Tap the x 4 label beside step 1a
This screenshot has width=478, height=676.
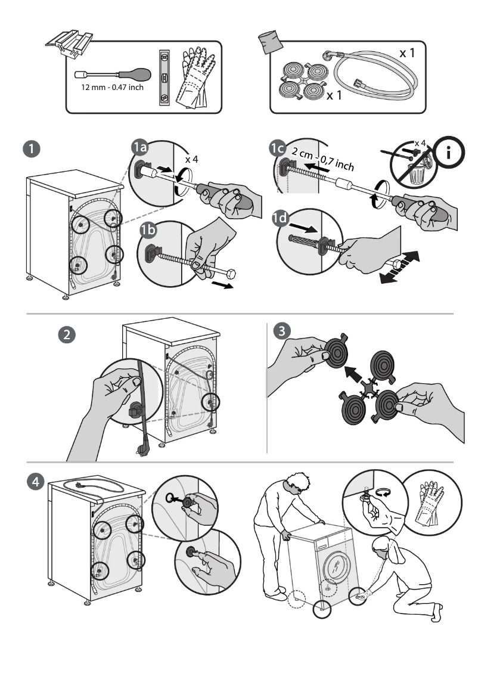pyautogui.click(x=191, y=159)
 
